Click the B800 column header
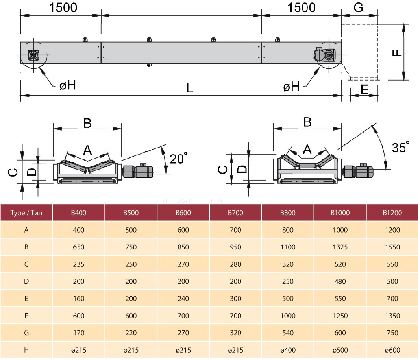[288, 212]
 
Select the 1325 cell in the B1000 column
[340, 247]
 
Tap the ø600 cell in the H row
[392, 350]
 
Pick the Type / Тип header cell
[26, 212]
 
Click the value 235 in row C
[78, 264]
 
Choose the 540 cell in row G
[288, 333]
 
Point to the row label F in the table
[26, 316]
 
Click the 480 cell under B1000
[340, 281]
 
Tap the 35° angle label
[400, 147]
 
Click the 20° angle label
[178, 158]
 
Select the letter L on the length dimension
[189, 88]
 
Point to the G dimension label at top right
[359, 7]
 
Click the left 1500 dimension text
[63, 7]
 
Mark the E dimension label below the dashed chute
[364, 90]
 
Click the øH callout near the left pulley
[67, 85]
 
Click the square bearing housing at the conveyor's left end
[34, 55]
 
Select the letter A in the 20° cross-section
[87, 150]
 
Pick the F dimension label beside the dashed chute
[397, 53]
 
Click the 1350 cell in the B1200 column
[392, 316]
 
